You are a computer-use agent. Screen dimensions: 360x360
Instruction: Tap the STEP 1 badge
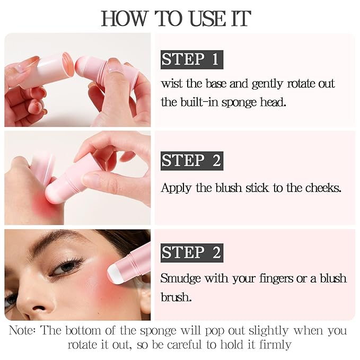click(x=190, y=59)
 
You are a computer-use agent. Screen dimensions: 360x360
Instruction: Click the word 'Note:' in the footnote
click(x=22, y=331)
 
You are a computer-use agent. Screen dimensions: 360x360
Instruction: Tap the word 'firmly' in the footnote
click(x=273, y=345)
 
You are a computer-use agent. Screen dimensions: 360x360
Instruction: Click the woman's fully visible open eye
click(x=66, y=266)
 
